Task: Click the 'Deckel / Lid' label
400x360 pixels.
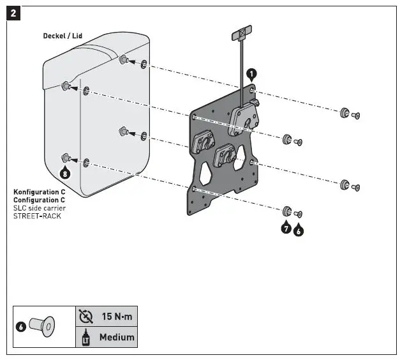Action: click(x=63, y=36)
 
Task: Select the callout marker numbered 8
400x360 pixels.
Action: click(x=64, y=172)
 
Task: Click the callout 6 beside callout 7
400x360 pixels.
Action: click(x=299, y=230)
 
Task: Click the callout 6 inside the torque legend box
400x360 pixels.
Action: click(x=21, y=326)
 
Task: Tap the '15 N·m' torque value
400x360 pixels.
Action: click(x=117, y=317)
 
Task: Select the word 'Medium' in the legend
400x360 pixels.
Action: click(x=117, y=336)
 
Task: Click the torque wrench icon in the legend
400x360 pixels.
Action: click(x=85, y=317)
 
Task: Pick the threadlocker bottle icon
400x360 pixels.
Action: click(x=85, y=337)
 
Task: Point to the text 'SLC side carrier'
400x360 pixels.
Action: click(x=40, y=208)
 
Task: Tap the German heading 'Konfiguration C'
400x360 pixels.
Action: click(x=40, y=191)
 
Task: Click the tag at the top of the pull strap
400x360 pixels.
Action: click(x=242, y=33)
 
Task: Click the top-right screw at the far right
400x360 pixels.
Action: click(x=356, y=115)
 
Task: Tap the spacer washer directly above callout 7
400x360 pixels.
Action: click(x=286, y=212)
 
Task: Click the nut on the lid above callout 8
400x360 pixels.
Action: click(x=65, y=157)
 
